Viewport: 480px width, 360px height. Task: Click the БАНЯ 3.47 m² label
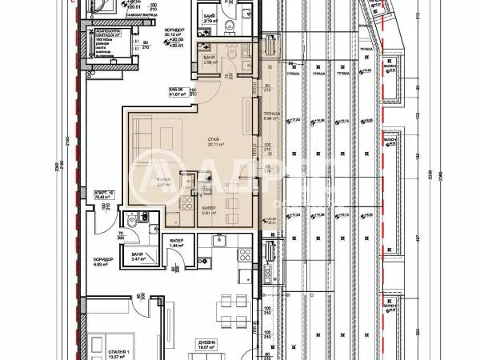[x=130, y=258]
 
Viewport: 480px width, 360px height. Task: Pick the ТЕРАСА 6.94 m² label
[x=271, y=118]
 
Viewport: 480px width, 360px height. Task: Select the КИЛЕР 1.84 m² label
[x=178, y=245]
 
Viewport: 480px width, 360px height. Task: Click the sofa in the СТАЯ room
[x=141, y=132]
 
